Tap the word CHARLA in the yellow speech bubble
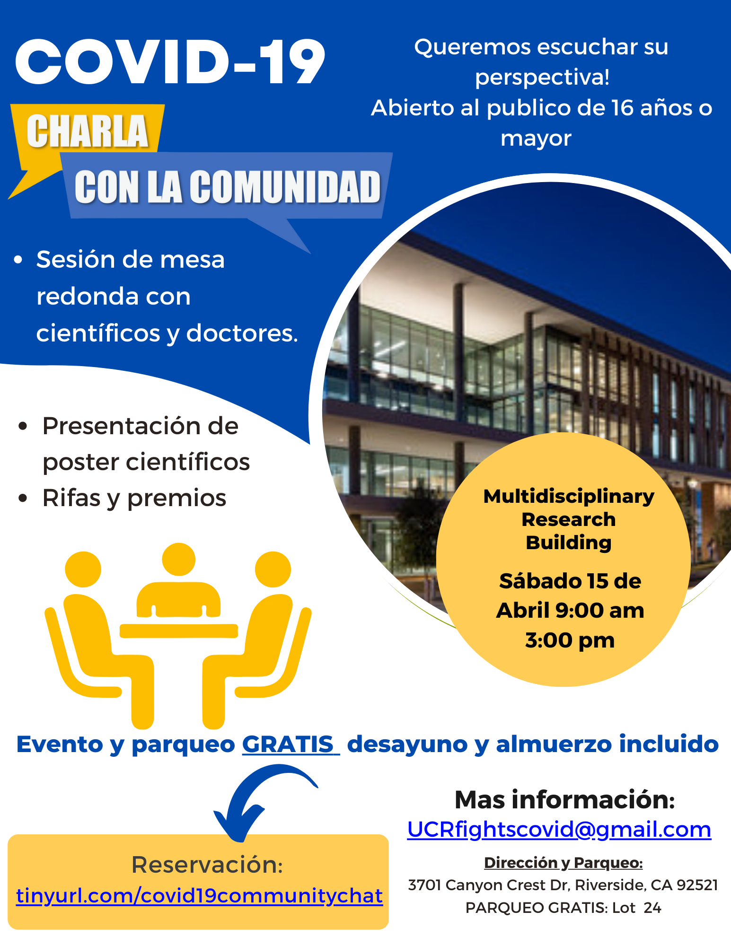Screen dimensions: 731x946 [x=88, y=131]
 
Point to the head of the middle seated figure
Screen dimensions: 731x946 [x=178, y=560]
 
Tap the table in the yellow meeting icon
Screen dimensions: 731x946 [x=179, y=631]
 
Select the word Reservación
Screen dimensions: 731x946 [x=207, y=865]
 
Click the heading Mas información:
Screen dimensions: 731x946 [x=564, y=799]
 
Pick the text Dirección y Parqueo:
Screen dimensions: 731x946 [x=563, y=863]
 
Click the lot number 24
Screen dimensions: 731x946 [x=652, y=908]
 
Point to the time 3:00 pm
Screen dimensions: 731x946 [x=570, y=640]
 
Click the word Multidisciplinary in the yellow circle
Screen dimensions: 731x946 [x=569, y=496]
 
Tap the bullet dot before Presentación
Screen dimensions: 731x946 [x=23, y=426]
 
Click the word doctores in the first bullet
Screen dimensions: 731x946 [x=242, y=333]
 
